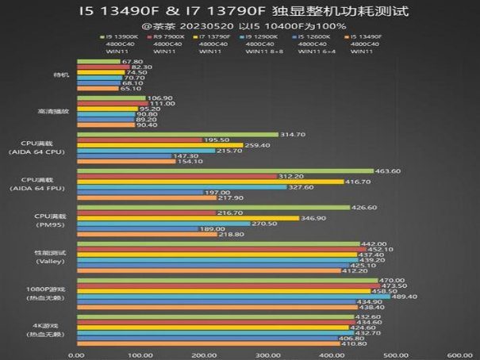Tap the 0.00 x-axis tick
[x=77, y=354]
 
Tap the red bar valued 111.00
[x=112, y=103]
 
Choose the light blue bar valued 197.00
[x=140, y=192]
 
